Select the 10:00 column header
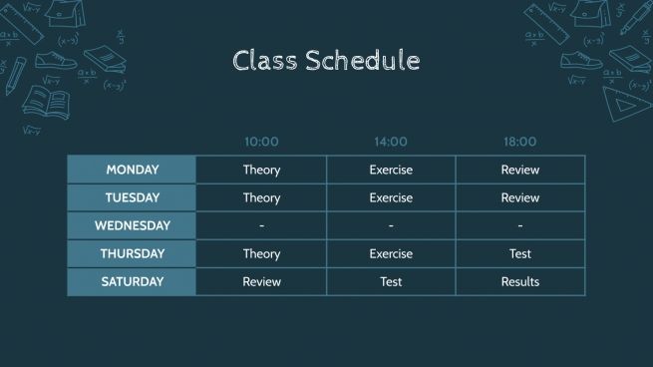pos(261,142)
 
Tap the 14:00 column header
pos(391,142)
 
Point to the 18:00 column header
pos(519,142)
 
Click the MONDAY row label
pos(132,170)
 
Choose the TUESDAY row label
pos(132,197)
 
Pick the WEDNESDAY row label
pos(132,225)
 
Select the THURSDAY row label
pos(132,253)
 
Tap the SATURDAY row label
pos(132,281)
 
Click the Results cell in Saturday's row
pos(519,281)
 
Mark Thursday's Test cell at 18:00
pos(519,253)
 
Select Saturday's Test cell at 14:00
pos(391,281)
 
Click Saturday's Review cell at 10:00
pos(261,281)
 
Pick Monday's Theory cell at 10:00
pos(261,170)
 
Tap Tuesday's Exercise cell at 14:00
pos(391,197)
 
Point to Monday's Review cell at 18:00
pos(519,170)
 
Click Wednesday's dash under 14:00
pos(391,225)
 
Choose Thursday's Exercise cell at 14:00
pos(391,253)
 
